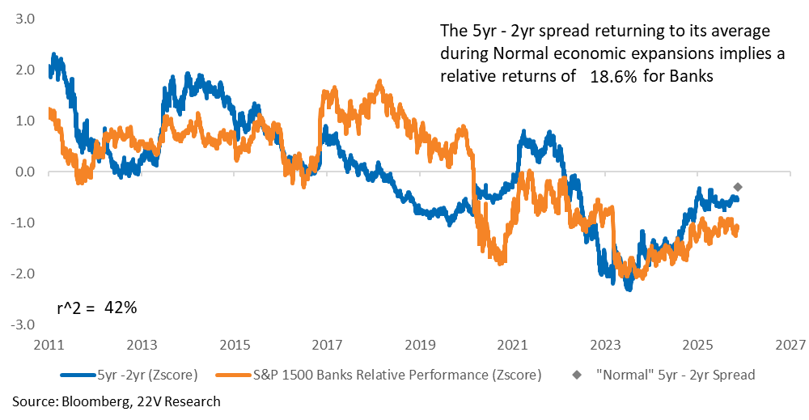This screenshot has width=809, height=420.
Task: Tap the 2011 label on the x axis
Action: pyautogui.click(x=48, y=346)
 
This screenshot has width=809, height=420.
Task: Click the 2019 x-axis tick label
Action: pyautogui.click(x=419, y=346)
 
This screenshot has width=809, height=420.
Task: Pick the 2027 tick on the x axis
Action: pyautogui.click(x=790, y=346)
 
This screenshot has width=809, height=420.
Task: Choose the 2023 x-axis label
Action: pyautogui.click(x=604, y=346)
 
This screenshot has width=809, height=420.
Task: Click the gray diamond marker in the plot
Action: pyautogui.click(x=737, y=187)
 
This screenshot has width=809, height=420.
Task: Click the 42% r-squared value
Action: pyautogui.click(x=121, y=308)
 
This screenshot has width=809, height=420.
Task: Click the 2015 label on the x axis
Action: pyautogui.click(x=233, y=346)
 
